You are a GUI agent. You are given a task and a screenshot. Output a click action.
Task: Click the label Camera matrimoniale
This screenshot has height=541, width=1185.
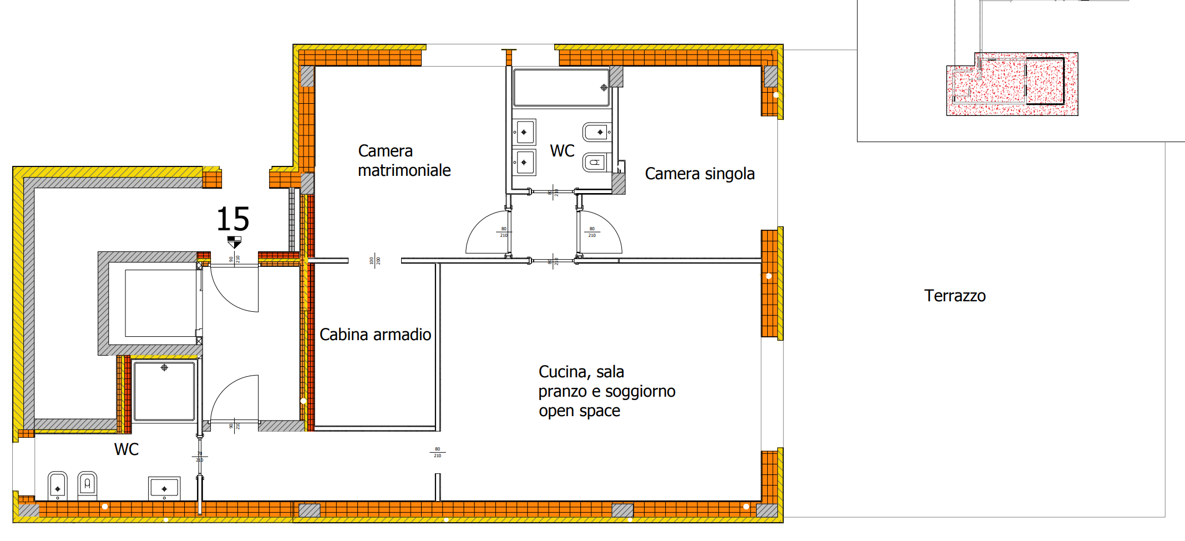pos(404,160)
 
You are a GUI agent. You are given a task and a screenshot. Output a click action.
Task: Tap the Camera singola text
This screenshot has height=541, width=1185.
pos(699,174)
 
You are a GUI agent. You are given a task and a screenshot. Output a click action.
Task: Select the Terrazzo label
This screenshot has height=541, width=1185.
pos(954,296)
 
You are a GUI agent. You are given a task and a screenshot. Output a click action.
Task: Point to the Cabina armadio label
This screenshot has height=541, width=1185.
pos(375,335)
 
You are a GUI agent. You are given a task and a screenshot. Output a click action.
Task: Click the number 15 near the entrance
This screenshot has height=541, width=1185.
pos(232,219)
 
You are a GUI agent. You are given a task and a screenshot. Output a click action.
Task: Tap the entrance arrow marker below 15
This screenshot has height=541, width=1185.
pos(234,242)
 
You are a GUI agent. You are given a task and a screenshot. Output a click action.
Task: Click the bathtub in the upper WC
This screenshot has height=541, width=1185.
pos(560,87)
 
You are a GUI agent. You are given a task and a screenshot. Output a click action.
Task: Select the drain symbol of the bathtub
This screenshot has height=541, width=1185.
pos(604,88)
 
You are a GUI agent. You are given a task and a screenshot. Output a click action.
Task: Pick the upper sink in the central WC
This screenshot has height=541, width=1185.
pos(524,132)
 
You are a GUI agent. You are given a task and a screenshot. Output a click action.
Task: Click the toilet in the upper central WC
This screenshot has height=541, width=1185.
pos(596,163)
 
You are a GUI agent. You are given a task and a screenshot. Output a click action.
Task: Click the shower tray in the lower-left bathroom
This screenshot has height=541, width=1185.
pos(164,391)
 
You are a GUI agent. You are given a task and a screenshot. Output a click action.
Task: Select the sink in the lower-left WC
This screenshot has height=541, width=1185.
pos(164,488)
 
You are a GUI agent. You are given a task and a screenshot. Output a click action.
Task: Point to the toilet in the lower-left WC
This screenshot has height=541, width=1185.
pos(87,484)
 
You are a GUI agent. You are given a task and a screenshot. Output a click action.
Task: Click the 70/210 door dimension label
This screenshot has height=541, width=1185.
pos(200,457)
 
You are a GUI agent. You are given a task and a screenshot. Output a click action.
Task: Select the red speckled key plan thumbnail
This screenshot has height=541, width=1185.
pos(1012,84)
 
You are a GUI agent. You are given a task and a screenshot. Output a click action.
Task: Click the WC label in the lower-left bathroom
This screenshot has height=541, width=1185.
pos(126,449)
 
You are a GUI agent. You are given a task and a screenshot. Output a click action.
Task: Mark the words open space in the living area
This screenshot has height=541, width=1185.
pos(579,411)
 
